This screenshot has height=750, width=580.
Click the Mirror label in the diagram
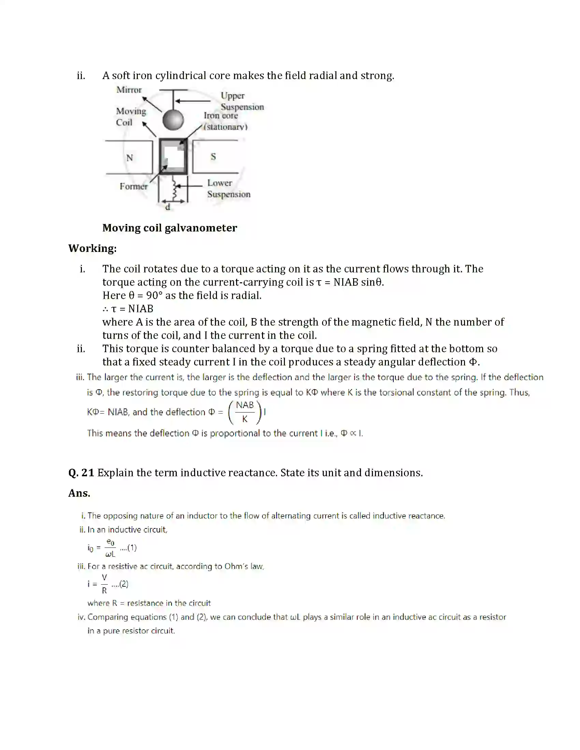click(129, 90)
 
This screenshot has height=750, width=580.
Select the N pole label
click(130, 158)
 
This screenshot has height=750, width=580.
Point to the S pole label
click(213, 156)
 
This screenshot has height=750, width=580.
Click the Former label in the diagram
click(133, 186)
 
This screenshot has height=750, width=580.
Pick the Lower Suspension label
click(229, 189)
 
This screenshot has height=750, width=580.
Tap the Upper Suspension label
click(242, 101)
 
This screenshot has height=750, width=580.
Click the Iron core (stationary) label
click(225, 121)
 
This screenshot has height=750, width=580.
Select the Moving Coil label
click(131, 117)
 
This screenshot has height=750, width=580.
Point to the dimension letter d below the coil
click(168, 207)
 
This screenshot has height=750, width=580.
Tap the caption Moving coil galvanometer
click(170, 228)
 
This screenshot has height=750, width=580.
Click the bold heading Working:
click(92, 248)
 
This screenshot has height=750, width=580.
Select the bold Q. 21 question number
click(81, 473)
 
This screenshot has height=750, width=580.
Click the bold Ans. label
click(79, 494)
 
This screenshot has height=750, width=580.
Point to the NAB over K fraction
click(245, 412)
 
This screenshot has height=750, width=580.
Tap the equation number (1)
click(132, 548)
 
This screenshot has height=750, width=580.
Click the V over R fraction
click(104, 584)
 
